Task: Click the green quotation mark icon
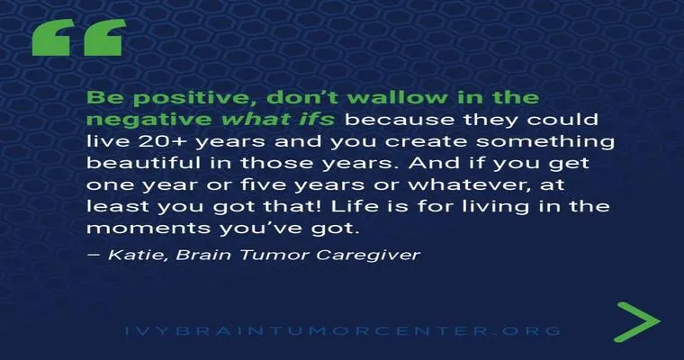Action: (79, 38)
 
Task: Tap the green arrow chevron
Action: (638, 322)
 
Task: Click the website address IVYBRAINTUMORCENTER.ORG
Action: (342, 330)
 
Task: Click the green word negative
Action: (148, 120)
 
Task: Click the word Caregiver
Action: (369, 256)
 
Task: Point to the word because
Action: (400, 119)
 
